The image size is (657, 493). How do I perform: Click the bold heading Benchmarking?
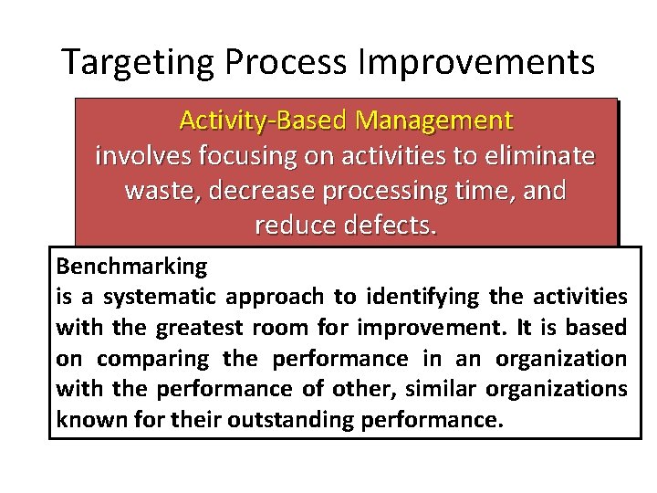click(x=131, y=267)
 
